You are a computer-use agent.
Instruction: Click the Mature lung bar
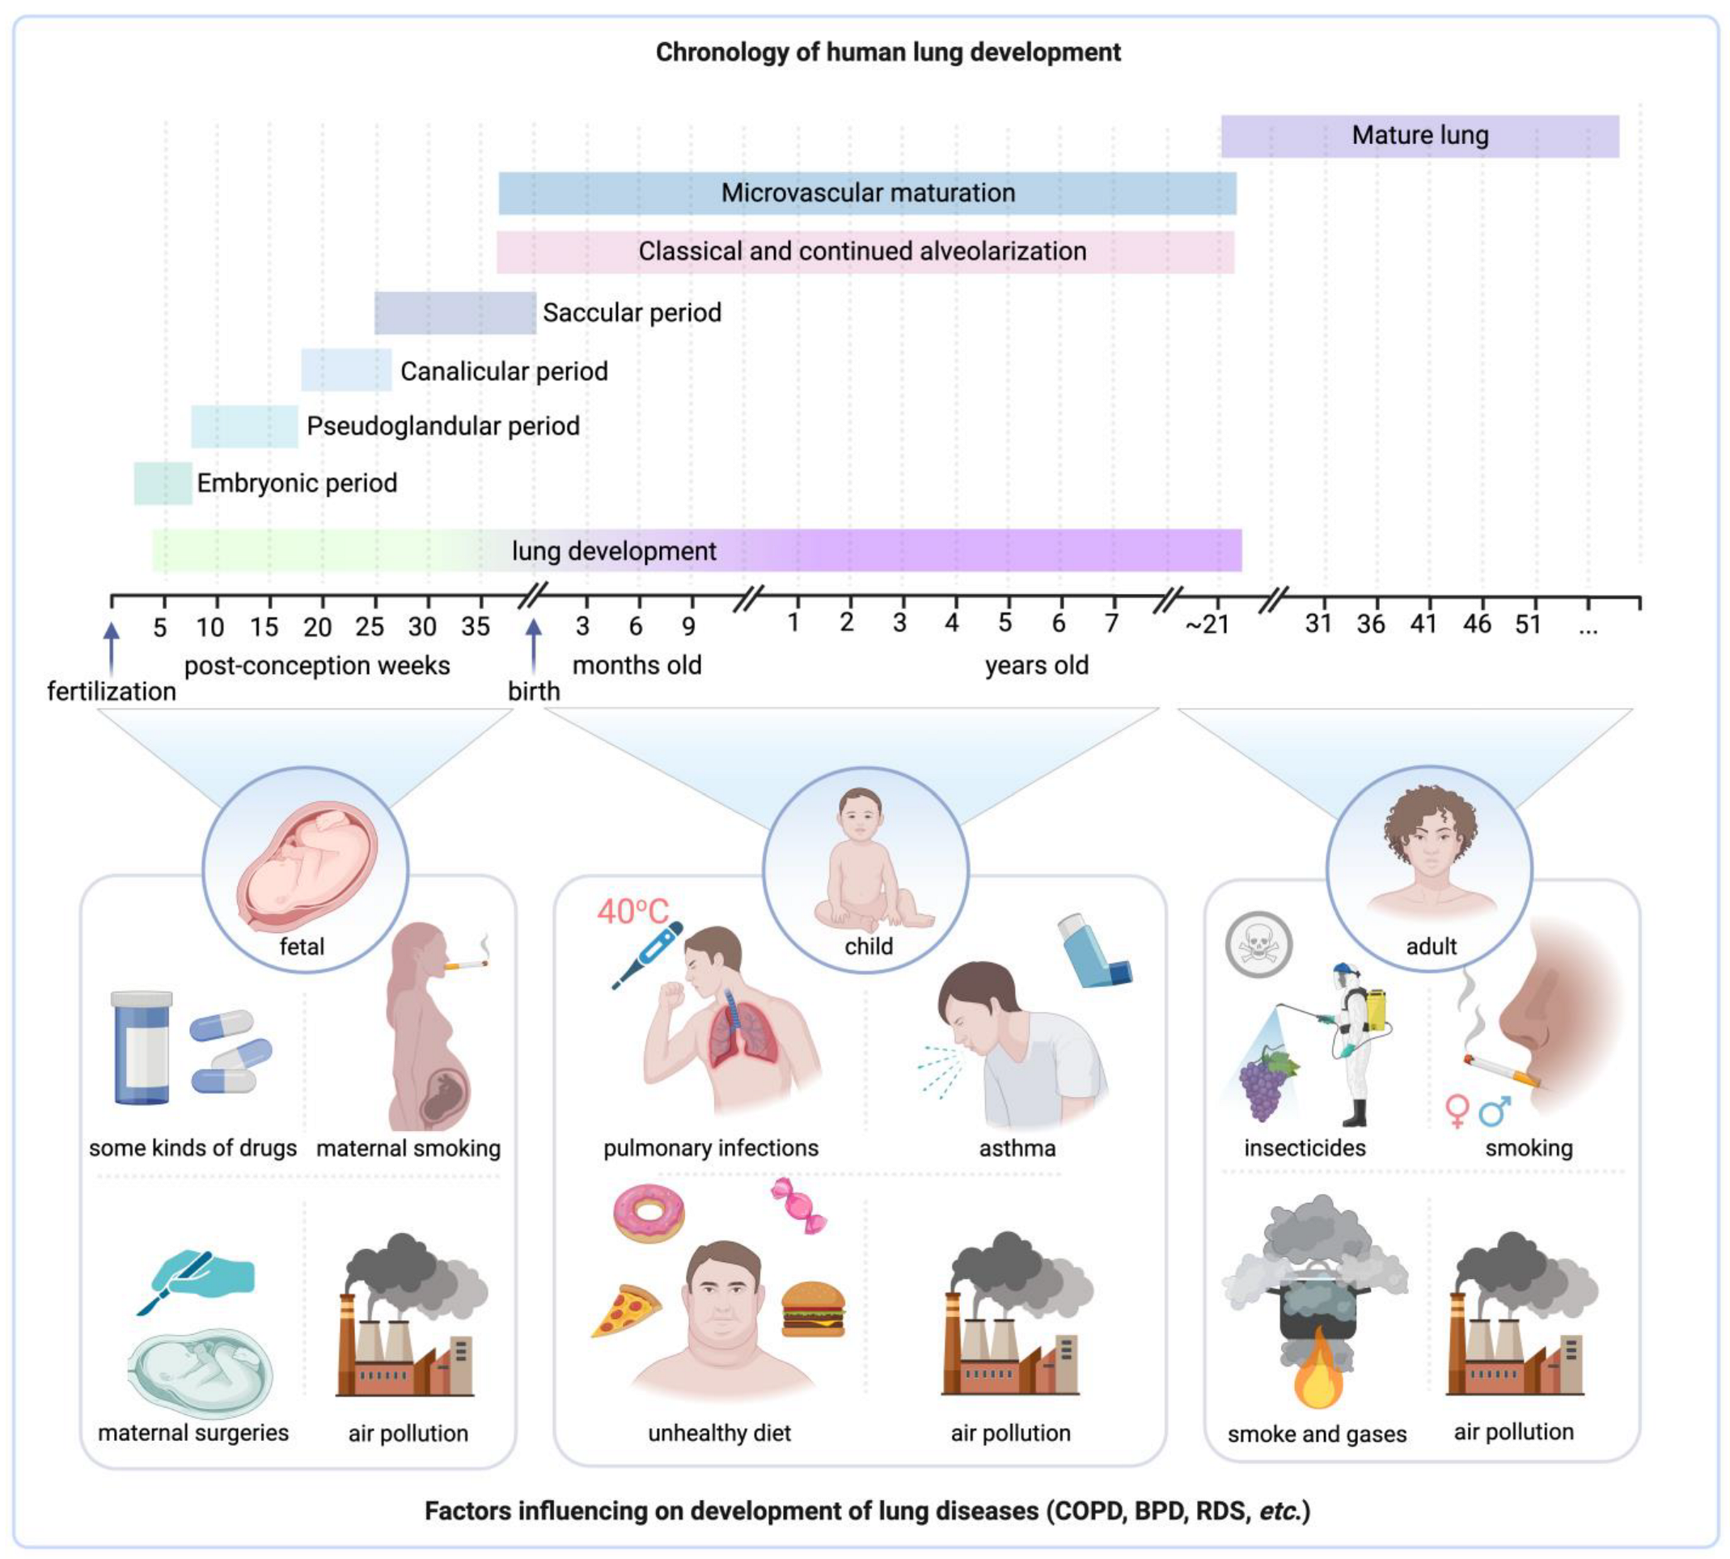1419,136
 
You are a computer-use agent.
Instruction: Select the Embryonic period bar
163,483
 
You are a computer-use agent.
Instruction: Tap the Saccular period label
632,312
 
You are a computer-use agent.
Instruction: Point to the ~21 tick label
1207,625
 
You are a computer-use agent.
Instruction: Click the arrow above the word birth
534,642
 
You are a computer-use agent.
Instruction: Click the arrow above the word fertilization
112,642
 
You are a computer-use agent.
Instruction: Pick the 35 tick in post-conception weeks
476,626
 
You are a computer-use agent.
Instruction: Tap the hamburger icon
813,1309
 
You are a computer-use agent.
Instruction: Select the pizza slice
626,1310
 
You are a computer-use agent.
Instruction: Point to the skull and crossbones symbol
1258,945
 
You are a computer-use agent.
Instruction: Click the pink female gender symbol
1456,1110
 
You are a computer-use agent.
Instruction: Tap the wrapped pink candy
798,1205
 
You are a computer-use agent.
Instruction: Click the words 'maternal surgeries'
193,1433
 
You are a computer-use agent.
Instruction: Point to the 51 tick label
1528,624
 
